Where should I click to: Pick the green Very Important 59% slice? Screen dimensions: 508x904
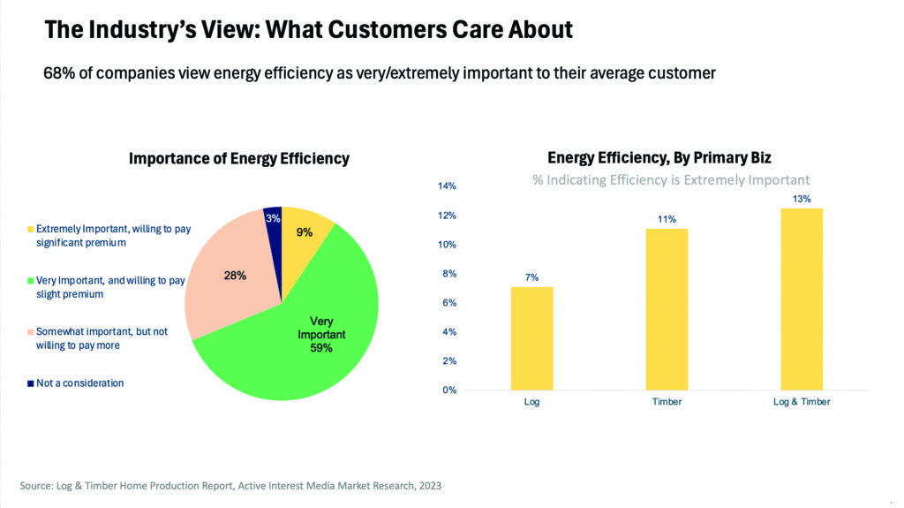tap(300, 345)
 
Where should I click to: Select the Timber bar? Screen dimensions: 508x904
tap(667, 309)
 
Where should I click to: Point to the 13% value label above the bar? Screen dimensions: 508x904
tap(801, 199)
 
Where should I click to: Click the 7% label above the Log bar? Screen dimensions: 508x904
tap(532, 277)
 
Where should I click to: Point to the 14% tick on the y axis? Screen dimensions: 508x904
tap(447, 186)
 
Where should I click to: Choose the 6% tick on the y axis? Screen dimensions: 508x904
tap(449, 303)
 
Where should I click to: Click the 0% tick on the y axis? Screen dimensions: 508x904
tap(449, 390)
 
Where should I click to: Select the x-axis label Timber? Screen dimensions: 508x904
tap(667, 402)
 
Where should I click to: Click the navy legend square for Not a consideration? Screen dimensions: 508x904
tap(30, 383)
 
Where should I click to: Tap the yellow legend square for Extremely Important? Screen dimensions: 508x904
tap(30, 230)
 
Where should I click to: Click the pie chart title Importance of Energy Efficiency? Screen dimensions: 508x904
tap(239, 159)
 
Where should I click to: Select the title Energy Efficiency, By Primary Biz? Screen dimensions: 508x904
tap(659, 158)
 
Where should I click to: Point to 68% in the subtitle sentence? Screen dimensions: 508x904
tap(57, 74)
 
